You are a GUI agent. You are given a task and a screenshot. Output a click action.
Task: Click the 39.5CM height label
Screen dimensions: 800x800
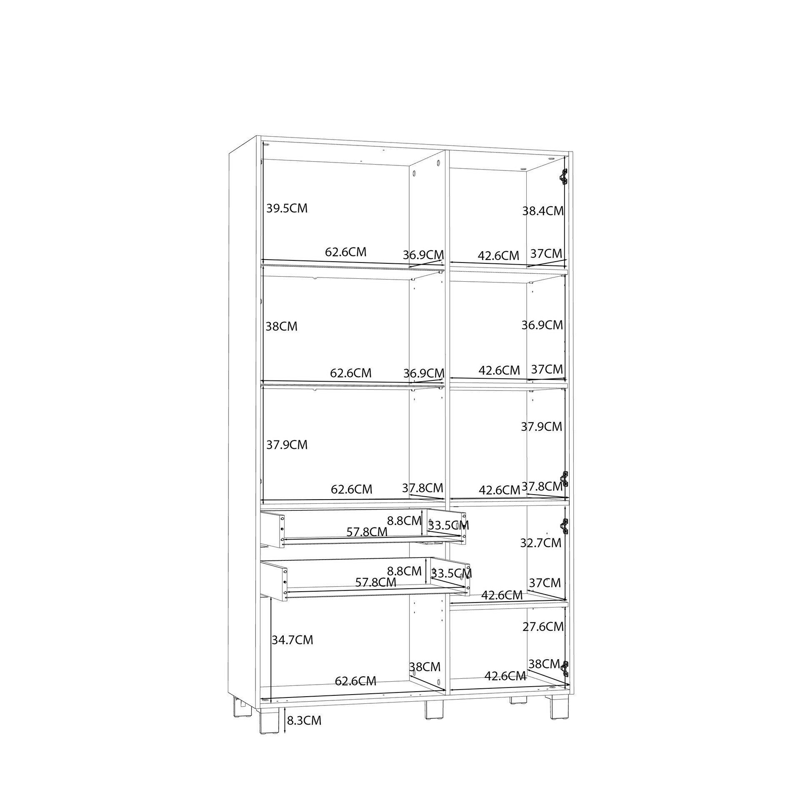click(x=287, y=208)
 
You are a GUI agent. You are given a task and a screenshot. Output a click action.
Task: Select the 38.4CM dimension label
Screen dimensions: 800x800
click(x=543, y=211)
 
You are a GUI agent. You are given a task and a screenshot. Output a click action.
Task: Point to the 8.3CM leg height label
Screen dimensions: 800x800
click(x=304, y=720)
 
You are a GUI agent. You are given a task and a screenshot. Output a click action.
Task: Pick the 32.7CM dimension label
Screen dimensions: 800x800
click(x=541, y=542)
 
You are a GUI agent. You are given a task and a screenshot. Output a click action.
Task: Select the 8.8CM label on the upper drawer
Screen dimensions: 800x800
click(x=404, y=520)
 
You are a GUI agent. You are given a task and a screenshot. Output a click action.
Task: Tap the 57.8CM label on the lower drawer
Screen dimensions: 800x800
click(x=375, y=582)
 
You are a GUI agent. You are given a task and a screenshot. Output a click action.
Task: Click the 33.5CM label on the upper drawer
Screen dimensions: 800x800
click(x=449, y=525)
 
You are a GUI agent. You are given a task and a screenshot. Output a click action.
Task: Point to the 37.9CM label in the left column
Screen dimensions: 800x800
click(x=287, y=445)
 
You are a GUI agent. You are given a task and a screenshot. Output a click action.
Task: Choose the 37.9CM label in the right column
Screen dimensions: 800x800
click(x=542, y=426)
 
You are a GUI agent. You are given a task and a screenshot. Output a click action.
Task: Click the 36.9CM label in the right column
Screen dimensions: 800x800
click(x=542, y=325)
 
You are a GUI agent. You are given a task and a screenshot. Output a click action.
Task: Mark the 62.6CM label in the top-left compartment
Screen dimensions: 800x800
click(x=345, y=252)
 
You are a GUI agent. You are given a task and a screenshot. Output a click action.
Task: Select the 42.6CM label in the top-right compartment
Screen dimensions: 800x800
click(x=498, y=255)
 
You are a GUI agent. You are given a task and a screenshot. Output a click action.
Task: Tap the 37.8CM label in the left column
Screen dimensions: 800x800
click(x=422, y=487)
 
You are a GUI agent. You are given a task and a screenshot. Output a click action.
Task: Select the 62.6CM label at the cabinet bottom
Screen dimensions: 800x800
click(x=355, y=681)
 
